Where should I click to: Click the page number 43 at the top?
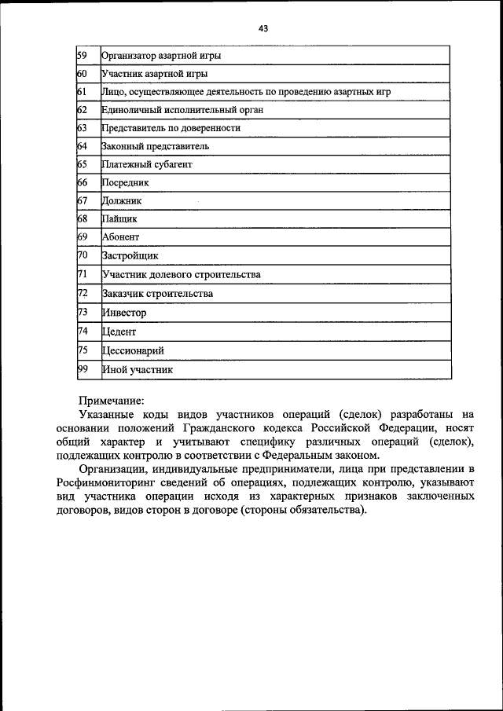(263, 28)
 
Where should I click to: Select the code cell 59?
(82, 56)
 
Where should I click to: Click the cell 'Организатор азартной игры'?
(161, 56)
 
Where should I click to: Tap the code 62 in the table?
(82, 110)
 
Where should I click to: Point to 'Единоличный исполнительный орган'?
(182, 110)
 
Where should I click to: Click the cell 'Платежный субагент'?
(147, 165)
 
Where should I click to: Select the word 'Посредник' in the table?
(125, 183)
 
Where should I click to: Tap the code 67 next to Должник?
(82, 201)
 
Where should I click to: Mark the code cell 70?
(82, 255)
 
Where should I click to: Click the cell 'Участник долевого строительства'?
(181, 274)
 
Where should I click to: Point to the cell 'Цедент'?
(119, 332)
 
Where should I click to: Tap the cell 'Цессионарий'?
(133, 350)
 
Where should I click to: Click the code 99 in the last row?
(82, 368)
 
